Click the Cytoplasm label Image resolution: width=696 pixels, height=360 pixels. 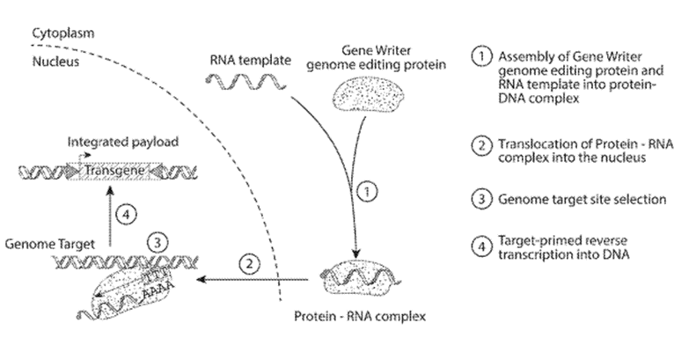[x=63, y=33]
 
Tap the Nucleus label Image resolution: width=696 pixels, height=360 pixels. [x=55, y=62]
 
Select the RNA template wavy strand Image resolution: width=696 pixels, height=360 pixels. [x=245, y=81]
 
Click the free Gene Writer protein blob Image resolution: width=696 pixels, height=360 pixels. [x=368, y=96]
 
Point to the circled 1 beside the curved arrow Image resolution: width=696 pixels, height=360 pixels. [x=367, y=192]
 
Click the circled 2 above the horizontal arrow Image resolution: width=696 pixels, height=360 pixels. [x=250, y=265]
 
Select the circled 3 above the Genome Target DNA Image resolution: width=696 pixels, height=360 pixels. [x=158, y=243]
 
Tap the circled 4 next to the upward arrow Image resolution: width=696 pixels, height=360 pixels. [x=126, y=215]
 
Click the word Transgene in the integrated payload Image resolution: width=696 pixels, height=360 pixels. [x=114, y=171]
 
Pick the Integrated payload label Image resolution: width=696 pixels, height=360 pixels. [x=123, y=142]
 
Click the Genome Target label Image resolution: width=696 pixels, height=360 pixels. [x=49, y=244]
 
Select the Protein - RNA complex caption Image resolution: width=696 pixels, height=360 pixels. [x=360, y=317]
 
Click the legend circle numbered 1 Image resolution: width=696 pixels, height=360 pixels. [x=481, y=57]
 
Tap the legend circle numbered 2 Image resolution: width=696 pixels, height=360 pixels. [x=481, y=145]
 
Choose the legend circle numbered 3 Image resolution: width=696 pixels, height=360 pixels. [x=481, y=199]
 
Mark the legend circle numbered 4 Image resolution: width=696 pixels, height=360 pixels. [x=481, y=246]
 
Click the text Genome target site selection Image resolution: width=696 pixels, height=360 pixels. [x=582, y=199]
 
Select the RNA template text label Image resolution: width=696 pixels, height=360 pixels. [x=251, y=61]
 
